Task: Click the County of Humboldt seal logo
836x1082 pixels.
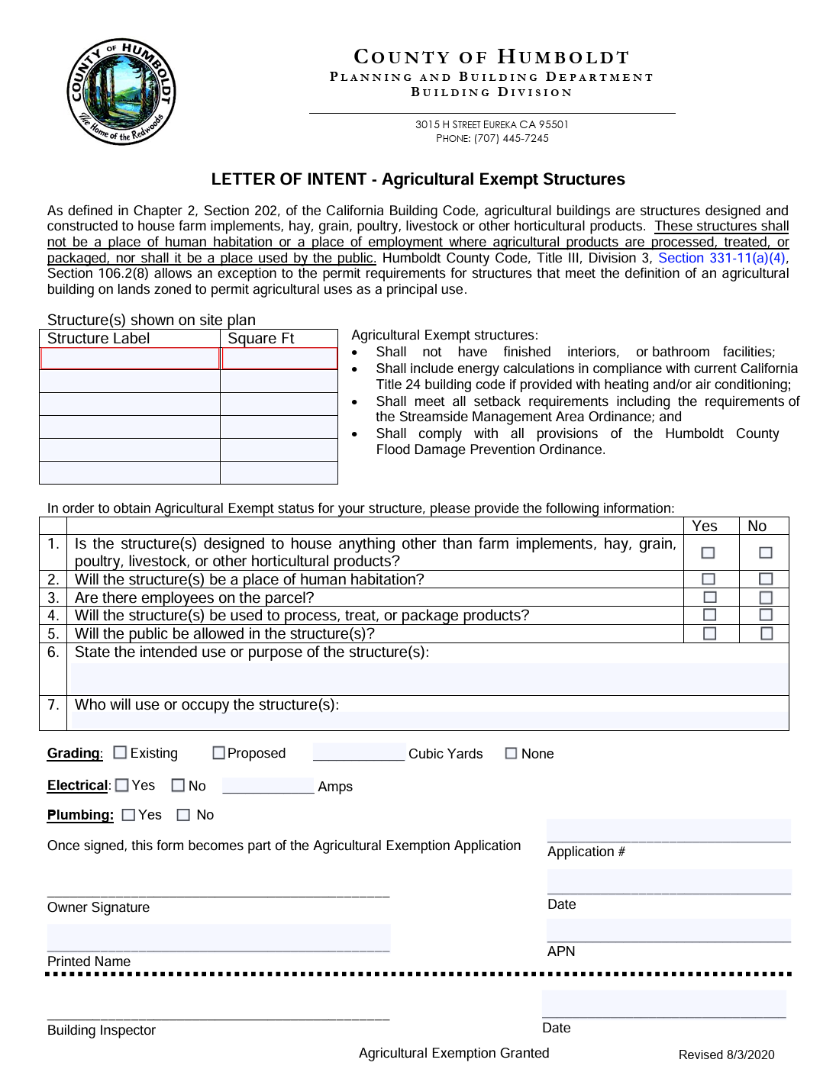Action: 121,92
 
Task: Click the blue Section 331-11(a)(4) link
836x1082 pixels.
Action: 721,258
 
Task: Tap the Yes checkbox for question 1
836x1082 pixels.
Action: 708,552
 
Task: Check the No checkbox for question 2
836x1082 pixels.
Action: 766,579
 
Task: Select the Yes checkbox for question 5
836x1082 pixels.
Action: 709,633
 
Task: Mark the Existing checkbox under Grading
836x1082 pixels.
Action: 120,752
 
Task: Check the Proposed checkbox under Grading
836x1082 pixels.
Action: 219,753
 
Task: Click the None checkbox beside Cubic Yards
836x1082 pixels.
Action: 512,753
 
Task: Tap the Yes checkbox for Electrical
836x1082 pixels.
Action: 122,785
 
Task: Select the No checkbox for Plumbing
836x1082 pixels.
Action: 183,815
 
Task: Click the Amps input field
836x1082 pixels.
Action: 268,785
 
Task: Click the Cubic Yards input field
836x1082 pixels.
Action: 359,752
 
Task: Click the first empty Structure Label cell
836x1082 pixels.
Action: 130,358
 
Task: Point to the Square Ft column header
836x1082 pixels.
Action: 261,338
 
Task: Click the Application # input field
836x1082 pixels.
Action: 668,831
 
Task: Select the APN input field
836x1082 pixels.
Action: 668,931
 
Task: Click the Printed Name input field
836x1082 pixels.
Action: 218,938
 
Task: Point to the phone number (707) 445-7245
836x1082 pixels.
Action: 511,138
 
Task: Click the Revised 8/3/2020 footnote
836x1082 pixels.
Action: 726,1055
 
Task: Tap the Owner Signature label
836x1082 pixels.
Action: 98,907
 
